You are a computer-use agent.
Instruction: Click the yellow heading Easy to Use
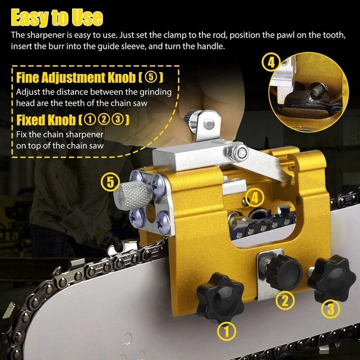(57, 18)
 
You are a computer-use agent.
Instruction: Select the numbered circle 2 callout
(285, 300)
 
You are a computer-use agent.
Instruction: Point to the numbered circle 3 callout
(330, 309)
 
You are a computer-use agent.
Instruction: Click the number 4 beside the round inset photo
(271, 63)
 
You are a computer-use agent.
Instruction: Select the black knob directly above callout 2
(283, 270)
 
